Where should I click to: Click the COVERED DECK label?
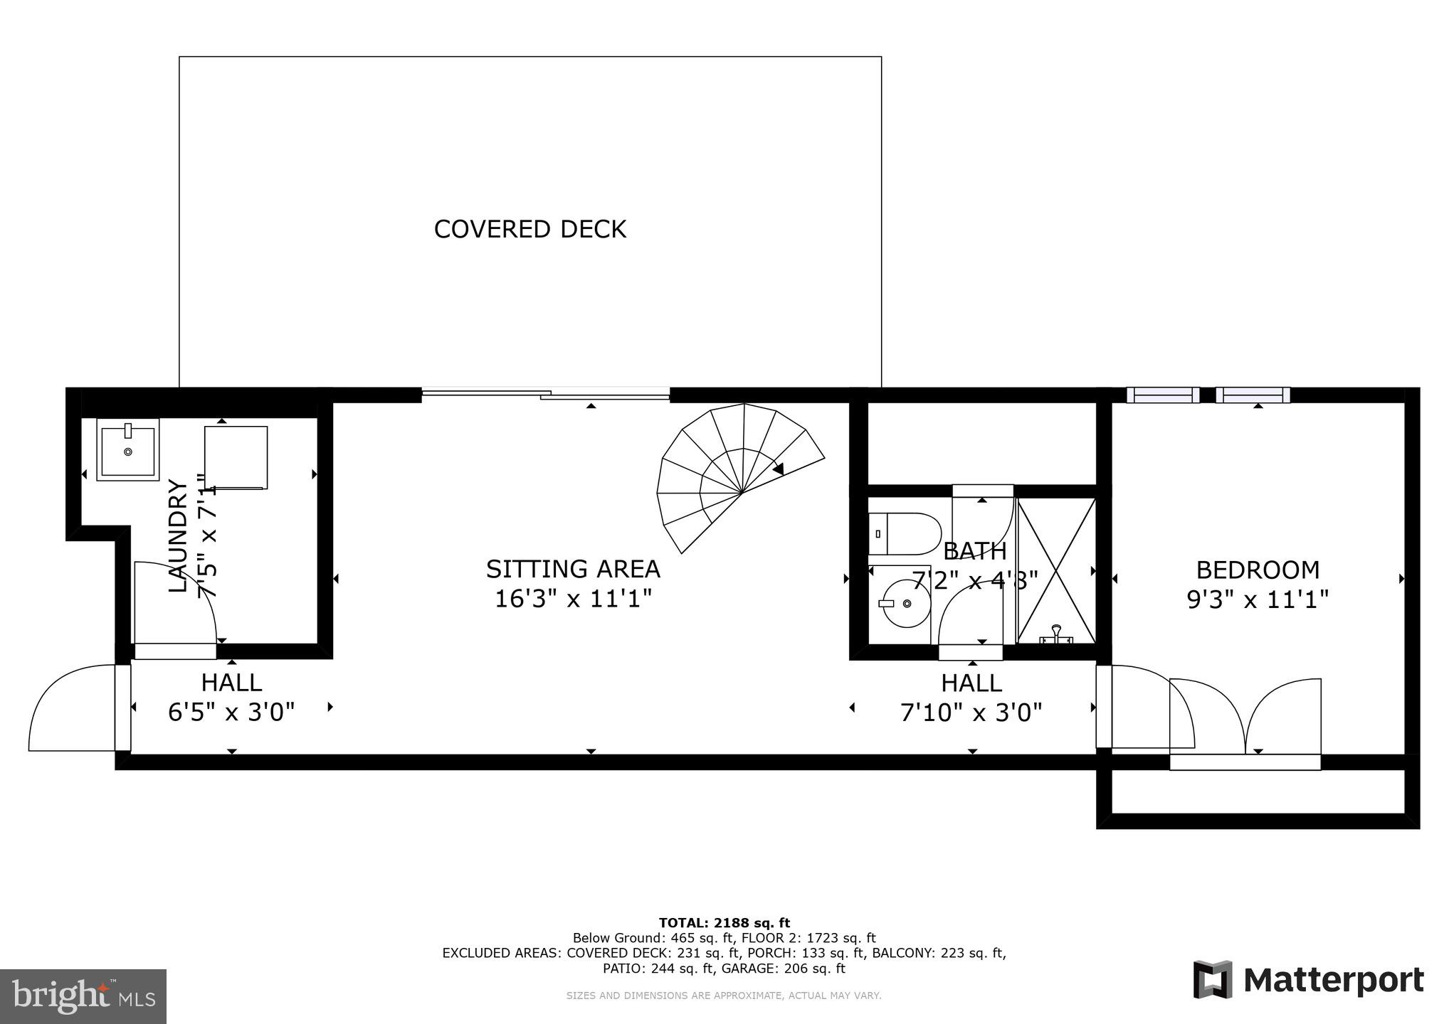point(530,229)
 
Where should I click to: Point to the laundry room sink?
point(128,450)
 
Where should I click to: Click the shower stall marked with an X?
point(1056,570)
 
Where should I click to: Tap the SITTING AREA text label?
point(573,569)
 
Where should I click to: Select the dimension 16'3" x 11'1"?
point(573,599)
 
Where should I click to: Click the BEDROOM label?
point(1258,570)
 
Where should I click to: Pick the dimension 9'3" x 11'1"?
point(1258,600)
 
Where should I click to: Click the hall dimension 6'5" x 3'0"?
point(231,712)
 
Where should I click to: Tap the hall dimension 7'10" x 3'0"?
point(971,712)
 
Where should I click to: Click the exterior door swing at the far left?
point(71,708)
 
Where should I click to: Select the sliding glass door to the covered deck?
point(546,393)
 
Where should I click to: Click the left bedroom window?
point(1163,395)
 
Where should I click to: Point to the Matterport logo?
point(1308,981)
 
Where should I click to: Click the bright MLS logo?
point(83,996)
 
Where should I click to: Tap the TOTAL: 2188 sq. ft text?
point(724,923)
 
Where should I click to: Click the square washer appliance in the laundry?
point(236,457)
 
